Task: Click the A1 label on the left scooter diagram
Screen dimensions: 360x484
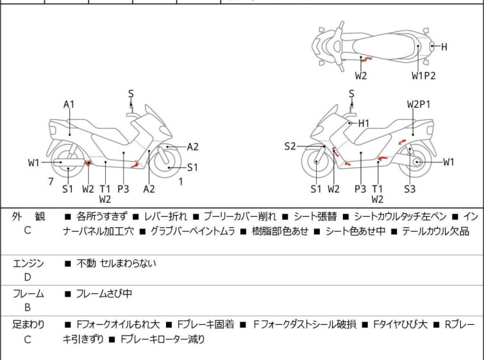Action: coord(69,105)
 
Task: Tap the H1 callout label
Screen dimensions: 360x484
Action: coord(364,123)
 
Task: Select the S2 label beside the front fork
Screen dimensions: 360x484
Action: coord(290,147)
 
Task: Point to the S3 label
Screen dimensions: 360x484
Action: coord(410,189)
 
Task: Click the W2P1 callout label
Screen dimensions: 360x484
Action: coord(419,104)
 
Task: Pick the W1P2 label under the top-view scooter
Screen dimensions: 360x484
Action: coord(423,76)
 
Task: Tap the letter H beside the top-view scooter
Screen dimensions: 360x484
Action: coord(444,46)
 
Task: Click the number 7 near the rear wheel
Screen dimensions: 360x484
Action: coord(51,182)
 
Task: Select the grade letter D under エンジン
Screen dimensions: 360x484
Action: coord(28,277)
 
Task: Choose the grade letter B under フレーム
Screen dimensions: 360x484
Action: coord(28,307)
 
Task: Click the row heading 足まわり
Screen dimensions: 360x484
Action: coord(28,325)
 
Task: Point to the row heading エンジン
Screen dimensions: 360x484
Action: coord(28,263)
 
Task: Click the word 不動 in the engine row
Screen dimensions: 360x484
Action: coord(86,263)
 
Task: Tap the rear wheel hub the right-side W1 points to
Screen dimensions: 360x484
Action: coord(416,163)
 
